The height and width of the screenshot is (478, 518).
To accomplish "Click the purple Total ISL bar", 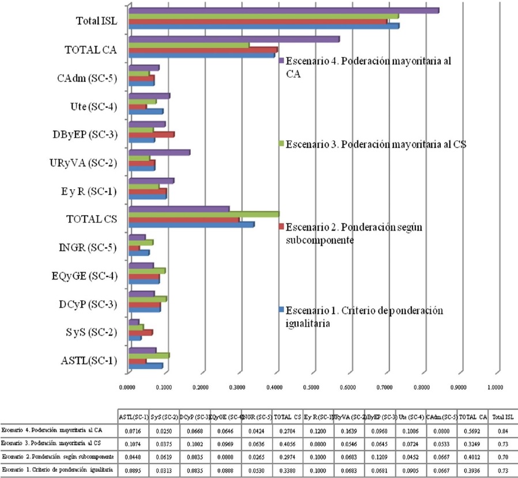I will [282, 10].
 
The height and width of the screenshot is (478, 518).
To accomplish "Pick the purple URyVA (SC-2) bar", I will [158, 152].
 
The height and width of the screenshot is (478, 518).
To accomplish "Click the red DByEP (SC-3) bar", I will [150, 134].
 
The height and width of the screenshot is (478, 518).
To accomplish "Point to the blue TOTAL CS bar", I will [190, 224].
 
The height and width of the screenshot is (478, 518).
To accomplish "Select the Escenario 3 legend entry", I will [375, 144].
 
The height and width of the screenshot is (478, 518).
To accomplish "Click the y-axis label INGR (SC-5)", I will [89, 248].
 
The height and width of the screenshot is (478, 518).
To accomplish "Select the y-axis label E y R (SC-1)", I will [89, 191].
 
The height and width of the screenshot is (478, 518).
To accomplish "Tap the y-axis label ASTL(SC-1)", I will [89, 362].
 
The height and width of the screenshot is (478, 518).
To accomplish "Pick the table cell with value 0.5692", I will [471, 430].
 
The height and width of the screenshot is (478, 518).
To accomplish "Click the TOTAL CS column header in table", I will [284, 416].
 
